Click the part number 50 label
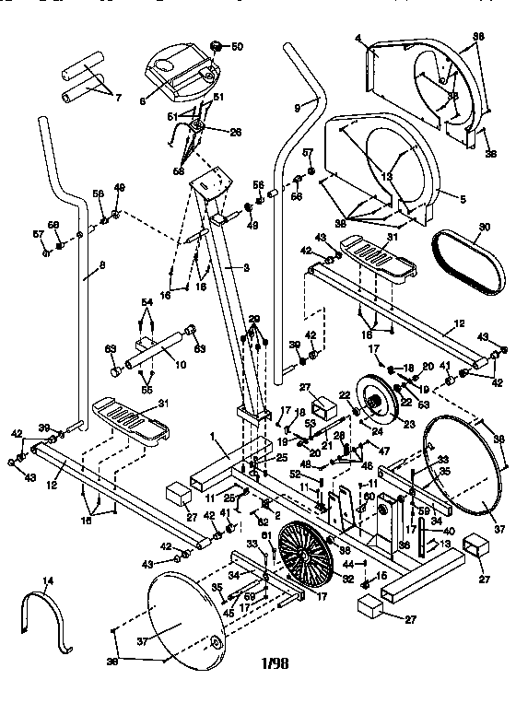tap(238, 46)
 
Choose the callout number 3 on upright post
tap(246, 267)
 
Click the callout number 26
tap(237, 132)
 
